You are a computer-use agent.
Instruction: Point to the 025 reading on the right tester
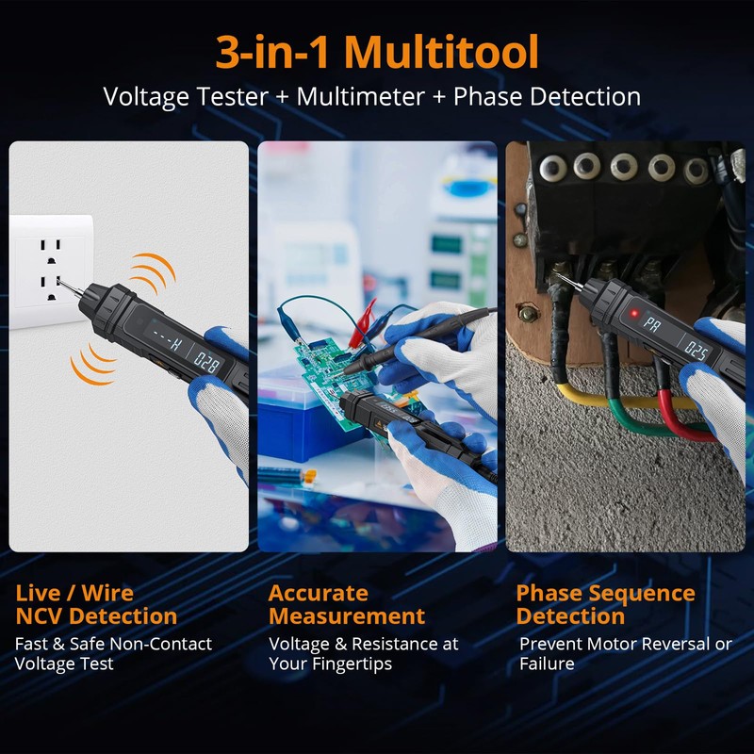(x=697, y=352)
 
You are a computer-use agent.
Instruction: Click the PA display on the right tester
(x=651, y=324)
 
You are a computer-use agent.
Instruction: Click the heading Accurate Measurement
(x=346, y=604)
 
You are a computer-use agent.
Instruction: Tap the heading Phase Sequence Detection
(x=605, y=604)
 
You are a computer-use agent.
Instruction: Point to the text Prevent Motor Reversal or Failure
(x=625, y=653)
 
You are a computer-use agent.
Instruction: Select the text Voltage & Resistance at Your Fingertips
(x=363, y=653)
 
